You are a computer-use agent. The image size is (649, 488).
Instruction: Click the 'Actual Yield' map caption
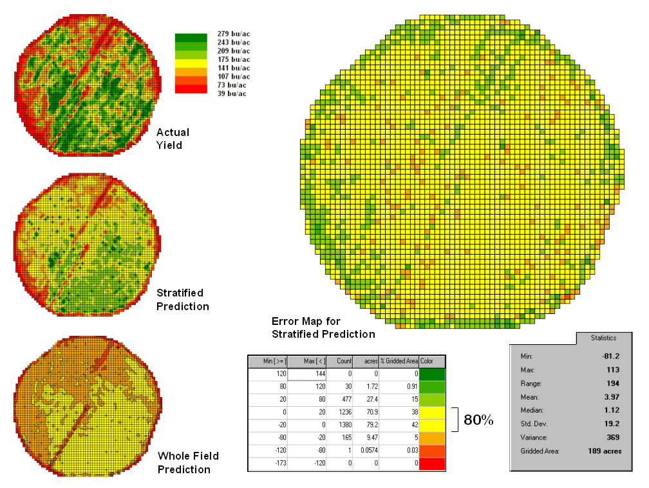pos(173,139)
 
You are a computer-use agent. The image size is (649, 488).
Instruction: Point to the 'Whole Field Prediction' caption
pos(188,462)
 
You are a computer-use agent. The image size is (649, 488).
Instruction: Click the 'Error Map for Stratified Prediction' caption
pos(323,327)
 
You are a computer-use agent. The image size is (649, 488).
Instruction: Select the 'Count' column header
pos(340,362)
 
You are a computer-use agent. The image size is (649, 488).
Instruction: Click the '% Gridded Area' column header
pos(399,362)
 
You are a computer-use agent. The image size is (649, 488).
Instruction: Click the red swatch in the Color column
pos(432,464)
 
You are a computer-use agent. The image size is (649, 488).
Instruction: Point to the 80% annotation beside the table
pos(478,420)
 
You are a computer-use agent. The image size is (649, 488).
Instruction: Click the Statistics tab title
pos(603,337)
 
